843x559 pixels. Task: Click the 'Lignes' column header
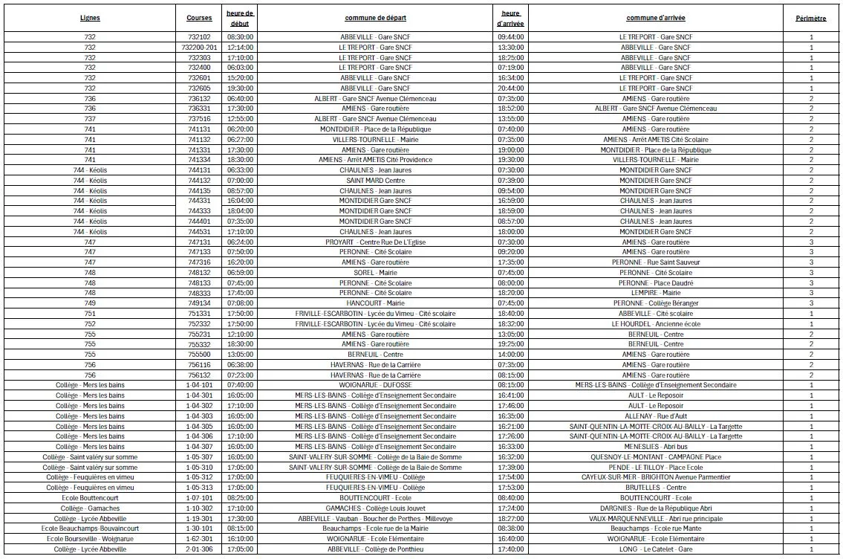(x=90, y=18)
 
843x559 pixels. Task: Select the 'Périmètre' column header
(x=810, y=18)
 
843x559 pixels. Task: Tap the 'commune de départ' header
(x=375, y=18)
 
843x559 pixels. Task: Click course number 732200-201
(x=199, y=47)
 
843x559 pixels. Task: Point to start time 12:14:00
(x=240, y=47)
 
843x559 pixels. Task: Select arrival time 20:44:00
(x=510, y=88)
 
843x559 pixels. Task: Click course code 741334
(x=199, y=160)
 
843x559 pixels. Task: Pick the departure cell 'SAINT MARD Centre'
(x=375, y=181)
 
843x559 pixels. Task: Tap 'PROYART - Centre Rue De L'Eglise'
(x=375, y=242)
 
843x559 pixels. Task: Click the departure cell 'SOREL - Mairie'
(x=375, y=273)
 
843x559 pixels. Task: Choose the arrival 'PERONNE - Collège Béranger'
(x=655, y=303)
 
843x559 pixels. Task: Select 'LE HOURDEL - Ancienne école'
(x=655, y=324)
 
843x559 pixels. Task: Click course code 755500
(x=199, y=355)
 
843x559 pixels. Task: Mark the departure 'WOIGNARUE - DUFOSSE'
(x=375, y=385)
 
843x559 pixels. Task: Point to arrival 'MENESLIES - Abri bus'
(x=655, y=447)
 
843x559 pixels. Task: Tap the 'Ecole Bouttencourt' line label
(x=90, y=498)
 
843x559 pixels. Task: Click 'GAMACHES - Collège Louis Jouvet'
(x=375, y=508)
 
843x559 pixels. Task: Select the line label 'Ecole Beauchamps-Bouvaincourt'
(x=90, y=529)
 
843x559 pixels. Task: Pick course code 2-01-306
(x=199, y=549)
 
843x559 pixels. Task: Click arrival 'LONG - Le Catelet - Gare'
(x=655, y=549)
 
